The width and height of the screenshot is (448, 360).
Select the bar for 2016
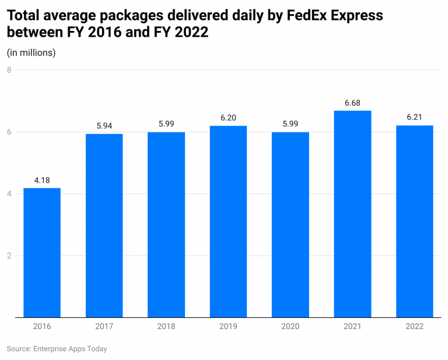(42, 253)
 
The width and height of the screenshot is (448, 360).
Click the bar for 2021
(352, 214)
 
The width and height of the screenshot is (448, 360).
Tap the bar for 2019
(228, 222)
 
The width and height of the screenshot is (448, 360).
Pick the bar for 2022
(414, 222)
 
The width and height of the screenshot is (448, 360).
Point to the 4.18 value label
(42, 180)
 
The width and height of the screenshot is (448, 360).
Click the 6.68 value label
(352, 103)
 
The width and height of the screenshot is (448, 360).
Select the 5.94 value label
(104, 126)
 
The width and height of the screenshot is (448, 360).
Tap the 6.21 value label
(414, 117)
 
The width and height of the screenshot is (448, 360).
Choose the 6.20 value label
(228, 118)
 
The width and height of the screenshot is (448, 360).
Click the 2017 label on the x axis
(104, 327)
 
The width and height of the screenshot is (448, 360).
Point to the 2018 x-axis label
(166, 327)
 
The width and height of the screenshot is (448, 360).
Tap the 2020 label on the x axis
(290, 327)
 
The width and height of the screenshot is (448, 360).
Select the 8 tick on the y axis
(9, 70)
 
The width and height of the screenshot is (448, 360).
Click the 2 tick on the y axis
(9, 256)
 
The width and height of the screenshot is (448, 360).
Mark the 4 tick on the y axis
(9, 194)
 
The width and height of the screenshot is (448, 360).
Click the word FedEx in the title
(308, 16)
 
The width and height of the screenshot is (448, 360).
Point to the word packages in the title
(134, 16)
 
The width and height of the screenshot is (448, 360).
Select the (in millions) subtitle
(31, 53)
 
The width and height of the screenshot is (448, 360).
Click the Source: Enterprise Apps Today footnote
(57, 349)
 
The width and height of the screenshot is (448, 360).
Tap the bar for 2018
(166, 225)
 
